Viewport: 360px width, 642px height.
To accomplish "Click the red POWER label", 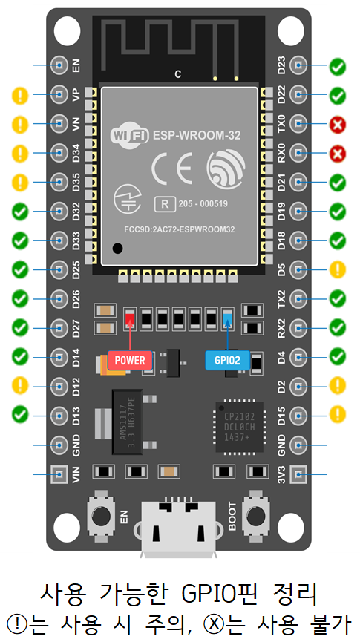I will point(131,360).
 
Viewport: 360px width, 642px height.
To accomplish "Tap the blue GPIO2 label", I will point(227,360).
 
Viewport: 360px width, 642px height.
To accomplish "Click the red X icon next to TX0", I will point(337,125).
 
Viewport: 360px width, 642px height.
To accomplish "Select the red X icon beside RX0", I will point(337,154).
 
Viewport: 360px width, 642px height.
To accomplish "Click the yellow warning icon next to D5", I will point(337,269).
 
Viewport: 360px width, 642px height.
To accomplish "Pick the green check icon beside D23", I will point(337,67).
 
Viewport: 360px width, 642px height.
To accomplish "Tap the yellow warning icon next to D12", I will point(21,385).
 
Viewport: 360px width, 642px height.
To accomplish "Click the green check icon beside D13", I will point(21,414).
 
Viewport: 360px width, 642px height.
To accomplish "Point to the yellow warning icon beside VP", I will point(21,95).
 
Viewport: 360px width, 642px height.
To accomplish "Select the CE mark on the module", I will point(171,168).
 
